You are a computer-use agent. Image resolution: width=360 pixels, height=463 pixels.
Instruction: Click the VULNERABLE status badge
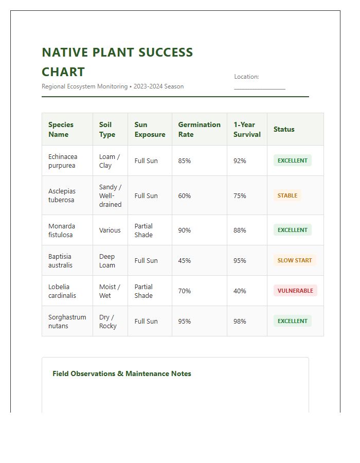[295, 291]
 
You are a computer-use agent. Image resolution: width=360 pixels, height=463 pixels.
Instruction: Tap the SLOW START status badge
[295, 260]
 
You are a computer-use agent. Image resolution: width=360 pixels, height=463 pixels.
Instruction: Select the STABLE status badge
[287, 195]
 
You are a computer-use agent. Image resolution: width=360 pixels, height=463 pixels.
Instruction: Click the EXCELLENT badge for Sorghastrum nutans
[292, 321]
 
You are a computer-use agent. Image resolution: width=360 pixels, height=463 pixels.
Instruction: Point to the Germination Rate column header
[199, 129]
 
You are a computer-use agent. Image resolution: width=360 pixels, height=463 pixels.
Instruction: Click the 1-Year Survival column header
[247, 129]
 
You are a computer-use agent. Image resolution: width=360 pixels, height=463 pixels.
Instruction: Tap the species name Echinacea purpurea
[63, 161]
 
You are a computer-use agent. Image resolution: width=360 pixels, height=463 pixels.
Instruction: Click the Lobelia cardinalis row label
[62, 291]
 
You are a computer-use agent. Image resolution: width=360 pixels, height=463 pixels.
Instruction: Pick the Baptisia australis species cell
[60, 261]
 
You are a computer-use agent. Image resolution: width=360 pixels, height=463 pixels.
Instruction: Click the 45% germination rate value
[184, 261]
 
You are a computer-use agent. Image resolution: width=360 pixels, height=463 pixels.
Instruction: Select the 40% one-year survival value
[240, 291]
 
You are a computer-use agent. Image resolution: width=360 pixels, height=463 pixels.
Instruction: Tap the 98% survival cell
[240, 322]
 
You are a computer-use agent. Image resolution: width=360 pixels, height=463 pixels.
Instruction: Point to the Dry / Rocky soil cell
[107, 322]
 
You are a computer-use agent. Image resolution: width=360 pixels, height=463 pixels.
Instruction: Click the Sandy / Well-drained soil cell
[110, 195]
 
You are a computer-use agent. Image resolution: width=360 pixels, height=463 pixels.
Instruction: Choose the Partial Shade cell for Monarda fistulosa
[143, 230]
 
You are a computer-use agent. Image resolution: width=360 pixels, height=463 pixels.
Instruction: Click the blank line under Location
[259, 88]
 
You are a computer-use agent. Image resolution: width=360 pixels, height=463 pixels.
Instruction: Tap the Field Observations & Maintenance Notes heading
[122, 374]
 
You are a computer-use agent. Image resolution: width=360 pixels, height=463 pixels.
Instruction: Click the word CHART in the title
[63, 72]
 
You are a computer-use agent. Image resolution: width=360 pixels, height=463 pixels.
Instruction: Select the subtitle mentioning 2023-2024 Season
[113, 86]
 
